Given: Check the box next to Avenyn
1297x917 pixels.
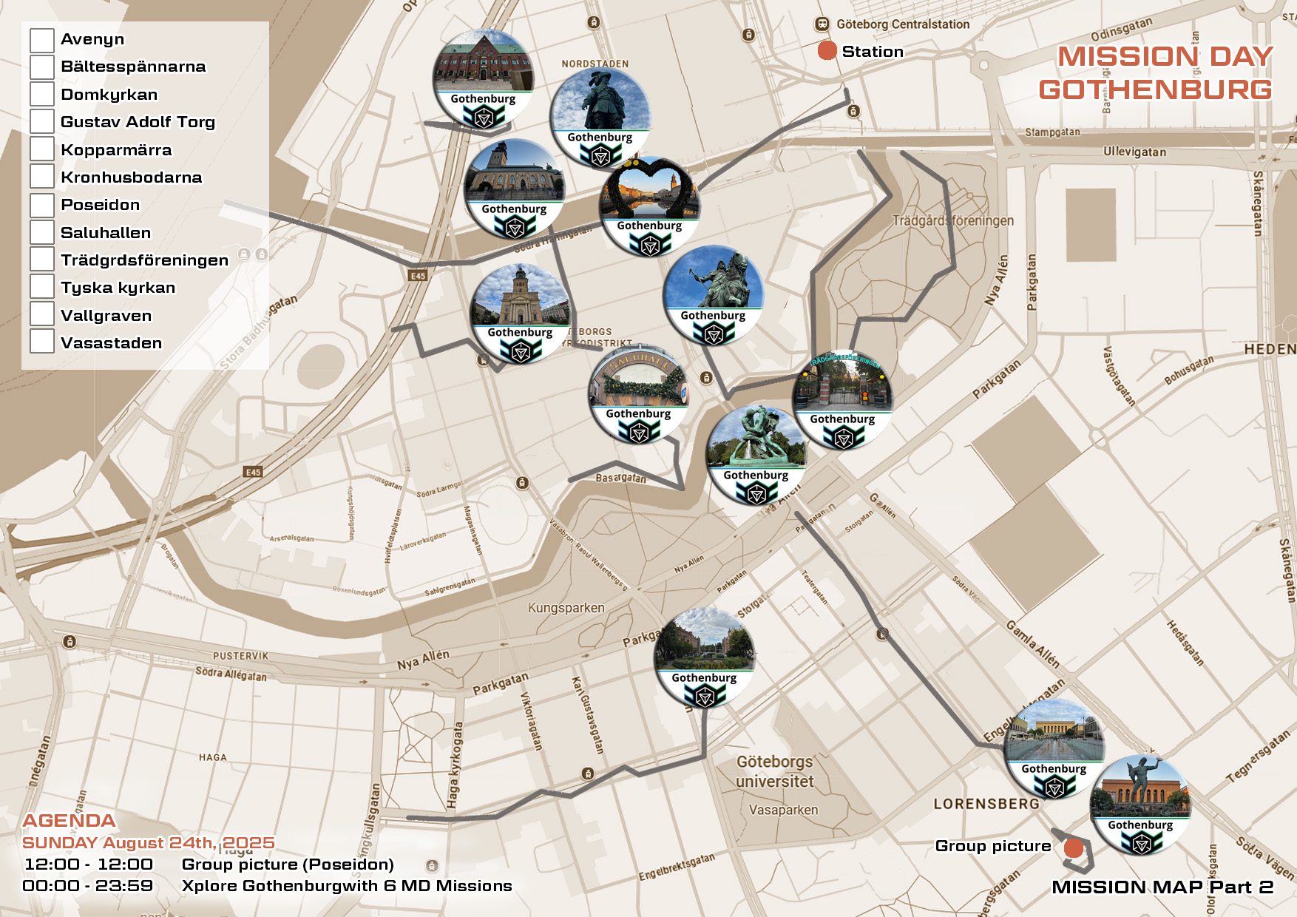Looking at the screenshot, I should (x=42, y=40).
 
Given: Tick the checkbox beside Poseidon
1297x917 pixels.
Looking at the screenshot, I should (x=42, y=205).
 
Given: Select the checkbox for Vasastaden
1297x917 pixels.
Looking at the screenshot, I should (x=42, y=342).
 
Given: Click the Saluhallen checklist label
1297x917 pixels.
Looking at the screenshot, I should (x=106, y=233).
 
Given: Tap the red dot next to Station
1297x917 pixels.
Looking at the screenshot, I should (x=827, y=51).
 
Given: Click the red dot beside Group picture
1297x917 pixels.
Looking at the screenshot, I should (x=1073, y=848).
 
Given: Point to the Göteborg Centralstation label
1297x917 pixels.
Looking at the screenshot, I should (x=902, y=24).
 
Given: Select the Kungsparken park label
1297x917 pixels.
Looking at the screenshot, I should (x=566, y=608).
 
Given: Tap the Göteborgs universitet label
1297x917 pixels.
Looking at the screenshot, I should (x=774, y=771).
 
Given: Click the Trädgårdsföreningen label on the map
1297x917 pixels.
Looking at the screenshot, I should (x=952, y=220).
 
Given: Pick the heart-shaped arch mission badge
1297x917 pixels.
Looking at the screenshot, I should (x=649, y=206).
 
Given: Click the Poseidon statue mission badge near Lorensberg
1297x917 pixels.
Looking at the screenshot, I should (x=1140, y=805).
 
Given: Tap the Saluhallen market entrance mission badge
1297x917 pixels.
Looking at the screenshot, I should (x=638, y=393).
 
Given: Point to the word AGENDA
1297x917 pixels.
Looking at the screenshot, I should (x=69, y=821).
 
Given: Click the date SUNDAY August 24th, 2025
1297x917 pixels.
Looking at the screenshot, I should (x=148, y=843).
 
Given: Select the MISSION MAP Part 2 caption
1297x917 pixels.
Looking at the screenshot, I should (x=1162, y=887).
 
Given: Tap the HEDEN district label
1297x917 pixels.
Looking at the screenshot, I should (x=1270, y=349).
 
